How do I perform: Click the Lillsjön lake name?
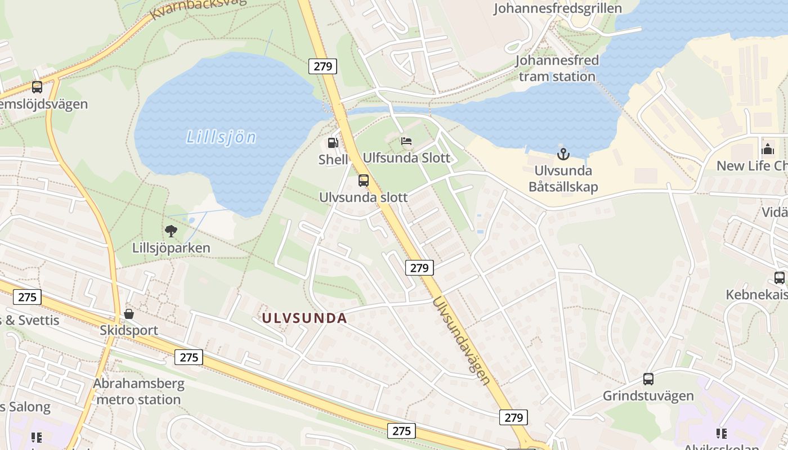[x=221, y=137]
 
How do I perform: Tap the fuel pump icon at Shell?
[x=333, y=143]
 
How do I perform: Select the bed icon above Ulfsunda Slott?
[x=406, y=141]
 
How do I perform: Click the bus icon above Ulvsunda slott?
[x=364, y=181]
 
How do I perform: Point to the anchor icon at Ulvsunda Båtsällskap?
[x=563, y=153]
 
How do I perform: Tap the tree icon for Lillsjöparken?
[x=171, y=231]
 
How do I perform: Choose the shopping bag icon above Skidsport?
[x=129, y=313]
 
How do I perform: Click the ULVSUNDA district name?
[x=304, y=318]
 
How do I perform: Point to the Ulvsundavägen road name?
[x=461, y=341]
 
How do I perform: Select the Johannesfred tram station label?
[x=557, y=68]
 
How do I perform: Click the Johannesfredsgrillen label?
[x=558, y=8]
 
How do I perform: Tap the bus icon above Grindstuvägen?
[x=648, y=379]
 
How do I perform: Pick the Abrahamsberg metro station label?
[x=138, y=392]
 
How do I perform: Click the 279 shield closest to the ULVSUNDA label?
[x=419, y=268]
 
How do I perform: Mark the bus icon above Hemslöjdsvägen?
[x=37, y=87]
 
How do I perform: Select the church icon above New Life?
[x=767, y=149]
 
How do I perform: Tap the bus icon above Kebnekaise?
[x=780, y=277]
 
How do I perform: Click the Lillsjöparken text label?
[x=171, y=248]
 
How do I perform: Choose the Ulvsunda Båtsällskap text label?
[x=563, y=179]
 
